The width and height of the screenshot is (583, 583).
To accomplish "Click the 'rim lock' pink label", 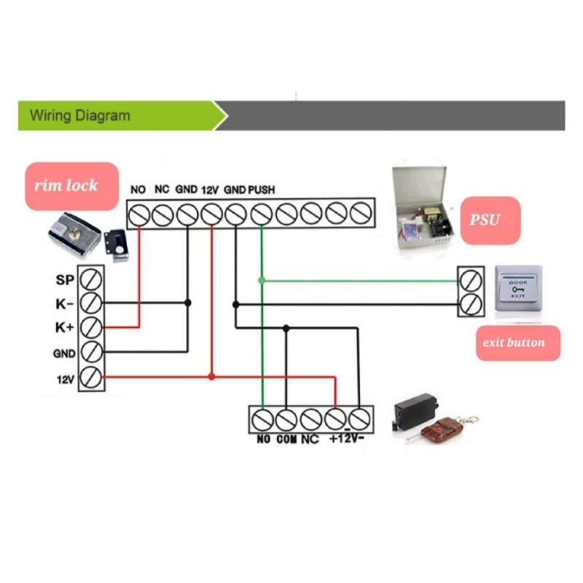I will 71,186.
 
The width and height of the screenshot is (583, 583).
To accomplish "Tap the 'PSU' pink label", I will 484,219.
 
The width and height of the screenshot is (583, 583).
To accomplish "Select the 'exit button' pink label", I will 518,341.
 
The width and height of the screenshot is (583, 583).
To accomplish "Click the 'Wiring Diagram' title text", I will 80,115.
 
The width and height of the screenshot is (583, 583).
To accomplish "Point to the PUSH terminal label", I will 262,189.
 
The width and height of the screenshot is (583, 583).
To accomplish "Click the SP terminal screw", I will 91,278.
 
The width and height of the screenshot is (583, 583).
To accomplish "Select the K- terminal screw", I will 91,302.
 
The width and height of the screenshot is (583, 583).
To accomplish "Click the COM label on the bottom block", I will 286,440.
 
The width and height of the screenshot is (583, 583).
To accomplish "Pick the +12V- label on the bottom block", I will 347,440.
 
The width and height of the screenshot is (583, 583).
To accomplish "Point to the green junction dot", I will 262,280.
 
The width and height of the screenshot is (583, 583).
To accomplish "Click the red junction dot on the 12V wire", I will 211,377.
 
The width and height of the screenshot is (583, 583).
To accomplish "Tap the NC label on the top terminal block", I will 162,189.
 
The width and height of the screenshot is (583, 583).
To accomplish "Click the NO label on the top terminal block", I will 138,189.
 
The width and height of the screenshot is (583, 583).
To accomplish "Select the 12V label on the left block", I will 65,378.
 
